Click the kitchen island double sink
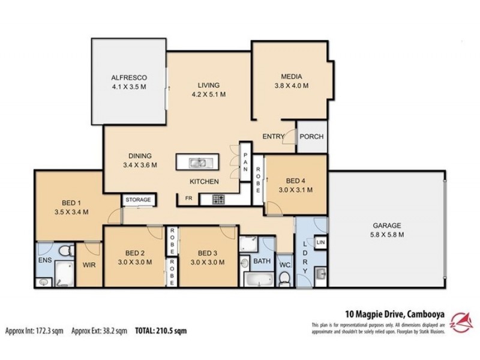tap(198, 163)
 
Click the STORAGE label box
tap(139, 200)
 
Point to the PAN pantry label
tap(245, 161)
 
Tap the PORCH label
tap(311, 137)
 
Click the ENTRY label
tap(274, 137)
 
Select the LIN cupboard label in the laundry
tap(320, 242)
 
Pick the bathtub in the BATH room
tap(256, 279)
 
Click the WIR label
tap(89, 265)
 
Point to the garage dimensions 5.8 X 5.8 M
tap(385, 235)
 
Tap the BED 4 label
tap(295, 181)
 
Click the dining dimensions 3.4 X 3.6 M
tap(139, 165)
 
